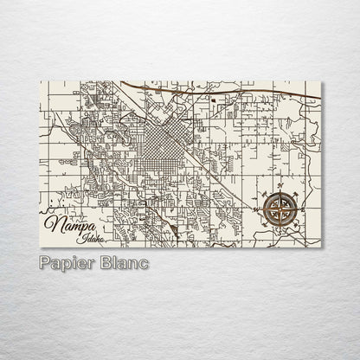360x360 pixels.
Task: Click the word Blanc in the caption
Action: coord(123,262)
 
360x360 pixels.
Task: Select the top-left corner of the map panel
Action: coord(42,80)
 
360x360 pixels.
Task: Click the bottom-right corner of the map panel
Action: coord(319,246)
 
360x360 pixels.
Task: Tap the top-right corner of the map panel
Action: coord(319,80)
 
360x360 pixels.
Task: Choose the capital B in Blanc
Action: coord(103,262)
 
